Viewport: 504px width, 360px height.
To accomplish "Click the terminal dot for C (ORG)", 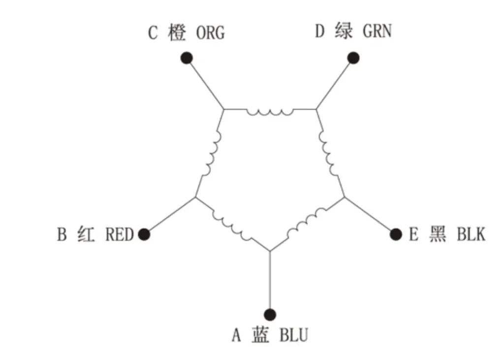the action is point(187,58).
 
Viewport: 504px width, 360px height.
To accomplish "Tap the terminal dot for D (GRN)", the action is point(353,58).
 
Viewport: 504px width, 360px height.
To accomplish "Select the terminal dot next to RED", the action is point(144,234).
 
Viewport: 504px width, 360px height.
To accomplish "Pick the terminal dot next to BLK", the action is point(396,234).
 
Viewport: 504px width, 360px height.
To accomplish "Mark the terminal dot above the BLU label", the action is point(270,314).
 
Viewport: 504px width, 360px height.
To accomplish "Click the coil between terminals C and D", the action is point(270,112).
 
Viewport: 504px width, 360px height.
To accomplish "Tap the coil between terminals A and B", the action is point(232,225).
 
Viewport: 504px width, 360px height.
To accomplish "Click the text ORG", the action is point(210,33).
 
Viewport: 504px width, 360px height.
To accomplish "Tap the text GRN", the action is point(377,31).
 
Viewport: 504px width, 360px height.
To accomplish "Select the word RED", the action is point(119,234).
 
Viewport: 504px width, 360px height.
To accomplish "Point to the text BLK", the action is point(471,234).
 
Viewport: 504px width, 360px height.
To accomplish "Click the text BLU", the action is point(294,335).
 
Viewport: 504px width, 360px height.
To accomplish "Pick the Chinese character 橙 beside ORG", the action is point(177,33).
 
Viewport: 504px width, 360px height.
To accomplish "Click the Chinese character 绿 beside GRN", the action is point(343,31).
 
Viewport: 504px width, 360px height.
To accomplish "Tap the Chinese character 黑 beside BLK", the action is point(438,234).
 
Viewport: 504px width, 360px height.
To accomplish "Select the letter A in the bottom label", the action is point(236,335).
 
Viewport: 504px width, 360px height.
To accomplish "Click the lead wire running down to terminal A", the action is point(270,279).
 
